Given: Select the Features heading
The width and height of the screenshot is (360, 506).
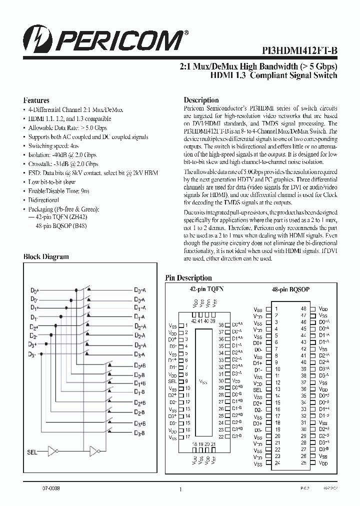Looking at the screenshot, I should pyautogui.click(x=36, y=100).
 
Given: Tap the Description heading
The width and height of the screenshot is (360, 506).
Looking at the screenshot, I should pyautogui.click(x=201, y=100).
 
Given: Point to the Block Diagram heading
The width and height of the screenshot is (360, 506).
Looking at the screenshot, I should pyautogui.click(x=46, y=256).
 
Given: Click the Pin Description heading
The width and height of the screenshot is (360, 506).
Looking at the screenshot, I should pyautogui.click(x=188, y=278).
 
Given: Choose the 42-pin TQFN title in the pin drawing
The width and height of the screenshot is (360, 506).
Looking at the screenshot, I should pyautogui.click(x=206, y=289).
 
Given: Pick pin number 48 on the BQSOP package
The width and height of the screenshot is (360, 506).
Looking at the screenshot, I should pyautogui.click(x=303, y=309).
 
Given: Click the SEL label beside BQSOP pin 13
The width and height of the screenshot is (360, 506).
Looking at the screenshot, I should pyautogui.click(x=257, y=389).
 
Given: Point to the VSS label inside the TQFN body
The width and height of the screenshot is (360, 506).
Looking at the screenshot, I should pyautogui.click(x=203, y=382).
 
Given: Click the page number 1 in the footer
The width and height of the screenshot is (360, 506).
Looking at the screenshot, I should pyautogui.click(x=179, y=490).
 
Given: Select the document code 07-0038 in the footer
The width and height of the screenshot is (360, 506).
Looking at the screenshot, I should pyautogui.click(x=37, y=487).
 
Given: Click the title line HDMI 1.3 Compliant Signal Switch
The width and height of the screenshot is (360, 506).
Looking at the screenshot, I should pyautogui.click(x=274, y=75).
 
